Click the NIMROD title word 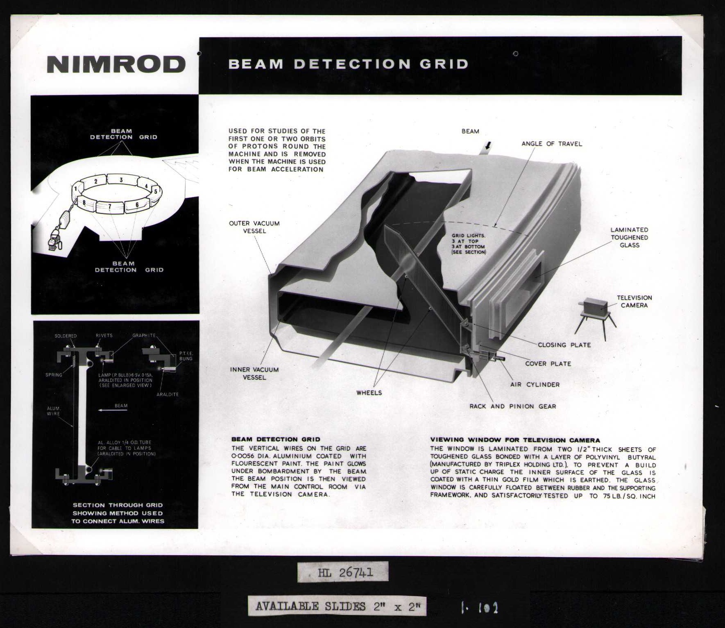coord(116,64)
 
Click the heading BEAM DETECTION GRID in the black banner coord(348,64)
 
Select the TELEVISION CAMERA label coord(634,302)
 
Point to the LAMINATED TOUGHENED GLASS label coord(629,238)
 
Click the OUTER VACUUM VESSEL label coord(254,227)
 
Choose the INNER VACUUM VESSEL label coord(254,373)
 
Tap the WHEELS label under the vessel coord(369,393)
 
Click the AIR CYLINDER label coord(535,385)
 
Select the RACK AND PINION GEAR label coord(512,406)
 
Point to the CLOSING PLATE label coord(564,345)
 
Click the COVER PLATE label coord(548,364)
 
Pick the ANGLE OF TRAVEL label coord(551,144)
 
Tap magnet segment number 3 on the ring coord(121,180)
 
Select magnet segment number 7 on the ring coord(110,207)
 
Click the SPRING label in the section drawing coord(54,375)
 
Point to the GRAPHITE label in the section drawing coord(144,336)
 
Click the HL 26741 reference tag coord(343,572)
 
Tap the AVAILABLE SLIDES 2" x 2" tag coord(337,606)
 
